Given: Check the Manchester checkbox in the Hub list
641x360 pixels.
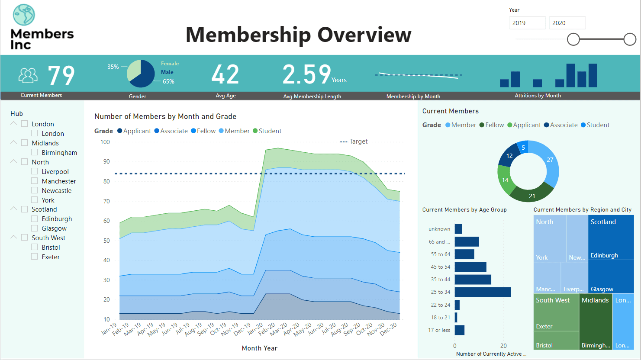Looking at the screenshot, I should pos(35,181).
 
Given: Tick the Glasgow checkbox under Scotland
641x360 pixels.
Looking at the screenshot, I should pos(35,228).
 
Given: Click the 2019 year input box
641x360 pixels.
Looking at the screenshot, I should pos(527,23).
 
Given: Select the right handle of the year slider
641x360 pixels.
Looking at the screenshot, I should pos(630,40).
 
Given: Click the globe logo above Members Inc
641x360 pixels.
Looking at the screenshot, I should pos(24,15).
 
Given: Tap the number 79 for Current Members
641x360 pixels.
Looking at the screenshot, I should pos(61,75).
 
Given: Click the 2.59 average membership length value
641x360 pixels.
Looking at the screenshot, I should pos(307,74).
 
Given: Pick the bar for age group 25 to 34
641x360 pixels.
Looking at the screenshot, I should pos(482,292).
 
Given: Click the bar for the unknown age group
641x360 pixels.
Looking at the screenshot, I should pos(458,229).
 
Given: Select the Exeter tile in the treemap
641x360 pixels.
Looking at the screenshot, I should pos(556,318).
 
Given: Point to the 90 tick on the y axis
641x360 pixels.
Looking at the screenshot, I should pos(106,161).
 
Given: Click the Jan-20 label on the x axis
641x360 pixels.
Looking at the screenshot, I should pos(255,329).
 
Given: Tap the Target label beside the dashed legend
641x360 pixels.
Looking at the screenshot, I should pos(358,141).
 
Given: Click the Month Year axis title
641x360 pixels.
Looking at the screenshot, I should pos(259,348).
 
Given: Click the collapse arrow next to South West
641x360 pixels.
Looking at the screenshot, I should pos(14,238).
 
